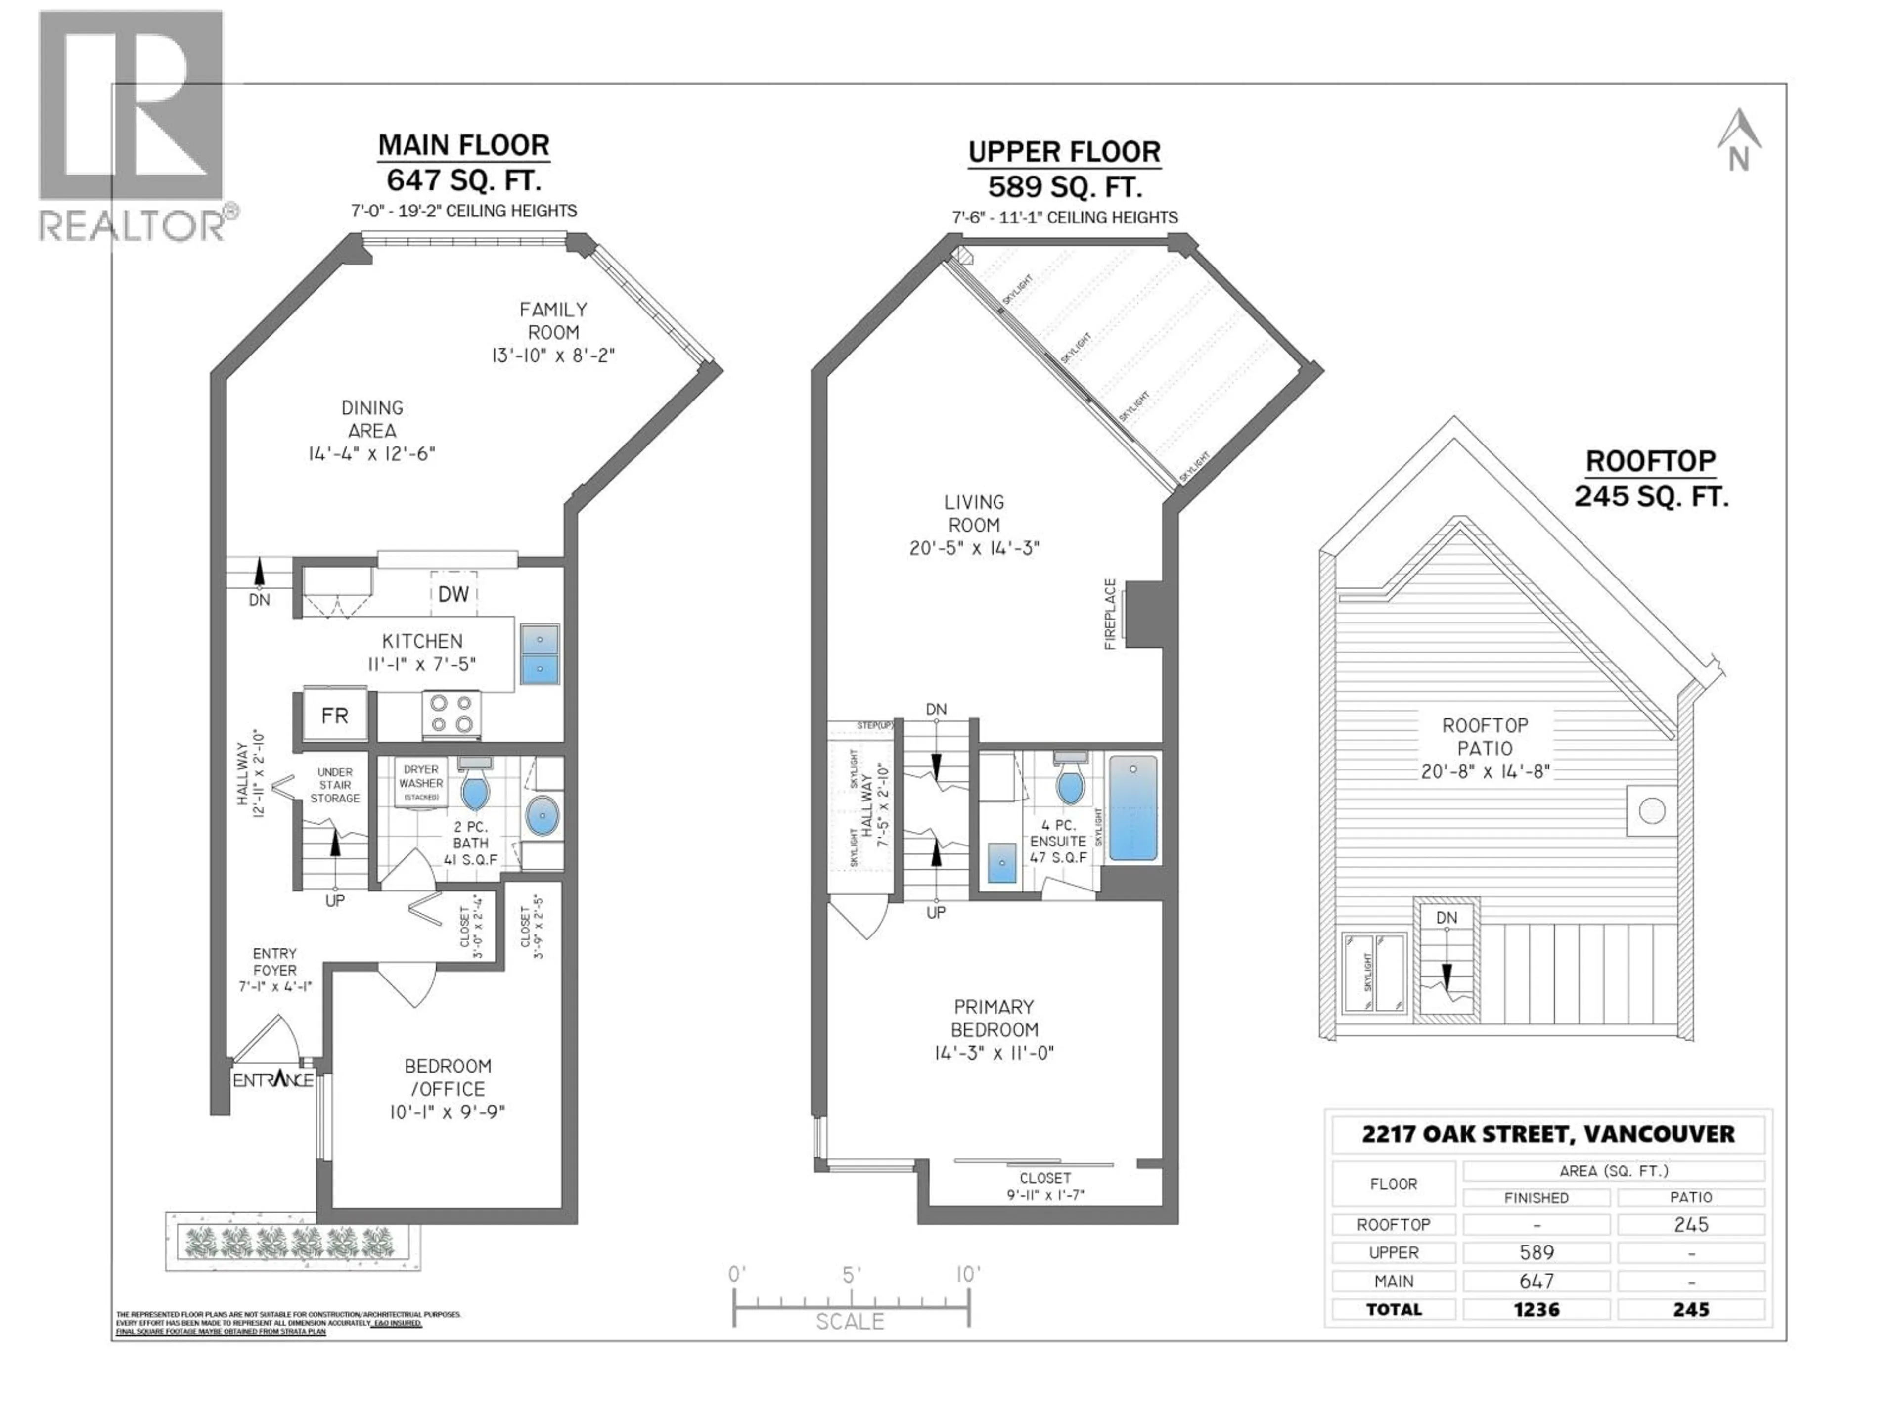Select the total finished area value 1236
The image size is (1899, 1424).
[1536, 1309]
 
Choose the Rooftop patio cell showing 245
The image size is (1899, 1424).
[1690, 1225]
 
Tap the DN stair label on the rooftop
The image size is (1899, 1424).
[1447, 918]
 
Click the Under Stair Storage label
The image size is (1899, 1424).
[335, 785]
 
